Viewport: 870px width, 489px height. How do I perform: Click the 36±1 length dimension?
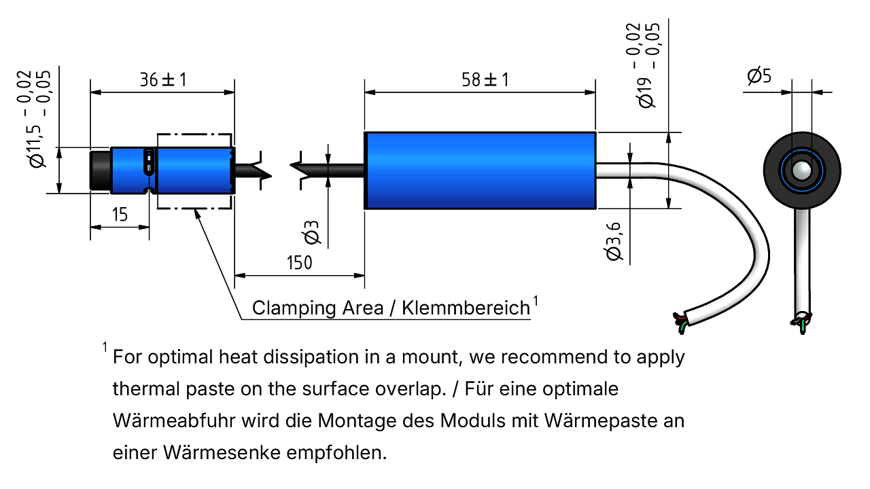[163, 80]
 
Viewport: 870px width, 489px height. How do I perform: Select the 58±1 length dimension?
[485, 80]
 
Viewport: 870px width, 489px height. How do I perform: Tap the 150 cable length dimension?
[300, 263]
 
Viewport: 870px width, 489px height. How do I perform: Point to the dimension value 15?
[120, 215]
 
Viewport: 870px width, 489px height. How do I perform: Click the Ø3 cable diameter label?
[312, 232]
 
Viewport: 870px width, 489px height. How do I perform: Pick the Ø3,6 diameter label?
[614, 241]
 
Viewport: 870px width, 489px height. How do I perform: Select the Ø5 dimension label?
[759, 75]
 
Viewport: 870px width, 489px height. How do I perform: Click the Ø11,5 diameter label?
[37, 146]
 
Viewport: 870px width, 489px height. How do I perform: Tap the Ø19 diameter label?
[646, 93]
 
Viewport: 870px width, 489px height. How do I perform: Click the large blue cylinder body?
[480, 170]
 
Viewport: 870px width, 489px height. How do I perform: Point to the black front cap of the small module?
[100, 170]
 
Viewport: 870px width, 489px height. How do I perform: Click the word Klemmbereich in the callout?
[466, 308]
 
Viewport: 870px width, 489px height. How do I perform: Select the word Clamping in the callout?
[294, 308]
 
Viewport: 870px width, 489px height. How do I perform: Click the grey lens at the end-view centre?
[801, 170]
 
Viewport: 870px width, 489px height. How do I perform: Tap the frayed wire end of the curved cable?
[680, 323]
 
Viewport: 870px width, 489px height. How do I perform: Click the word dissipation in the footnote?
[311, 357]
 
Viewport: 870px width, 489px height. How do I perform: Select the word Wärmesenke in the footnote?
[222, 452]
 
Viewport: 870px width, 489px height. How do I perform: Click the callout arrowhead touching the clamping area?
[197, 214]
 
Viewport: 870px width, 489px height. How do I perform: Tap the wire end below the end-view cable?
[801, 323]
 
